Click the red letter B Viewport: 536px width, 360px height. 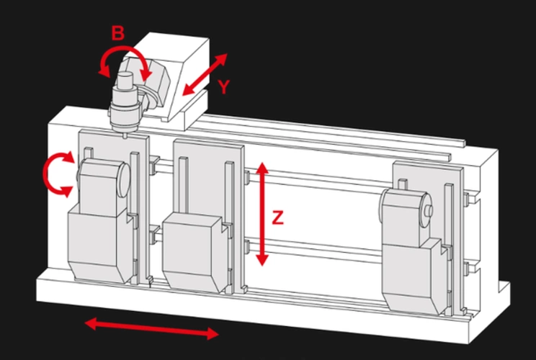click(118, 33)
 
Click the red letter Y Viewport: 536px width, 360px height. click(224, 86)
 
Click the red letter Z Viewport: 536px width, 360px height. click(278, 218)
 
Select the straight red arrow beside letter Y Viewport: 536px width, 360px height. click(205, 74)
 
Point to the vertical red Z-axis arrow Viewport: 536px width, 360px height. click(262, 214)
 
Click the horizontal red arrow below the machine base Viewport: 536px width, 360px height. click(151, 328)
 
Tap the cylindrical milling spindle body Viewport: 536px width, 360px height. click(125, 109)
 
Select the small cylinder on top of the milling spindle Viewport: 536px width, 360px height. click(125, 79)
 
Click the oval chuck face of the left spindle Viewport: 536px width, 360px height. click(124, 180)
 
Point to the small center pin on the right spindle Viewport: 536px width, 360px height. click(429, 210)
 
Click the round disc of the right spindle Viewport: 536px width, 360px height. click(425, 210)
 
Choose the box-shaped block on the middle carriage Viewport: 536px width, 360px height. click(195, 252)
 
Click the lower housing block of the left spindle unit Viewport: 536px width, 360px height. click(100, 246)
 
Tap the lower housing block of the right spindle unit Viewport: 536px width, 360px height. click(413, 276)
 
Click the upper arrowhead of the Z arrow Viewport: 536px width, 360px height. click(262, 168)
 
